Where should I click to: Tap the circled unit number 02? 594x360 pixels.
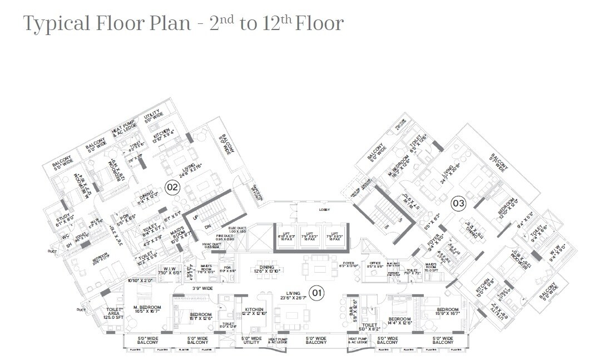coord(172,187)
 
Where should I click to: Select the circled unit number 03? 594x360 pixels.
coord(458,203)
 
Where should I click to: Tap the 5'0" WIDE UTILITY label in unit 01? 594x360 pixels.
coord(251,340)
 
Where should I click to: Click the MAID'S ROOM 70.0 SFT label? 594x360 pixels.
coord(433,266)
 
